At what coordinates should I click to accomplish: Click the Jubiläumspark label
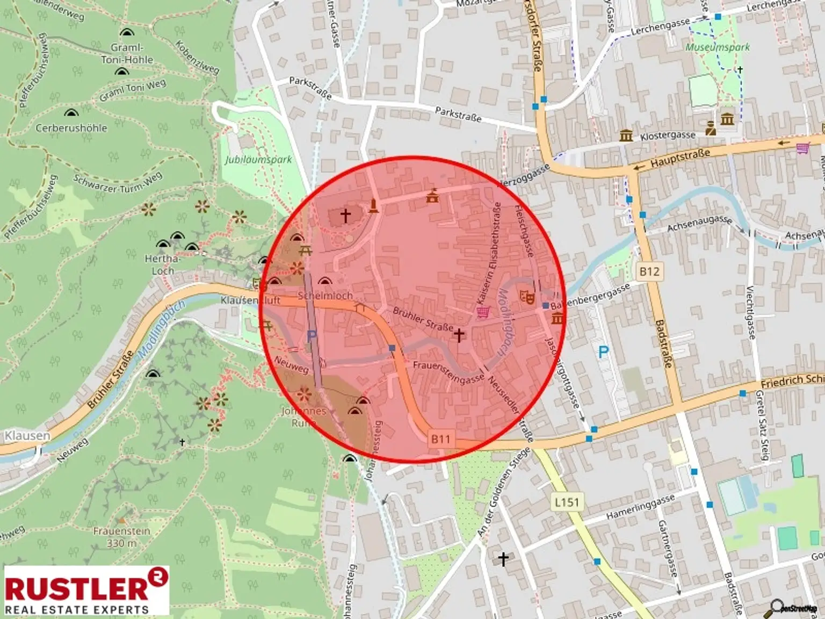(259, 160)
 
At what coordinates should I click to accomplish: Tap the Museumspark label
(718, 47)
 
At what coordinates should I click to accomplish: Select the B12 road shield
(649, 271)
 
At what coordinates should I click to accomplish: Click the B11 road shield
(440, 439)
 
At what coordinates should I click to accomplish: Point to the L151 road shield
(567, 502)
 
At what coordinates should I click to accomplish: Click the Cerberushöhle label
(71, 128)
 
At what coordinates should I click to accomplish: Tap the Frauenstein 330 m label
(121, 537)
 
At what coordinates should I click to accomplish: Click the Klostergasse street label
(668, 136)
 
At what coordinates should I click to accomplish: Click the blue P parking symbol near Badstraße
(603, 352)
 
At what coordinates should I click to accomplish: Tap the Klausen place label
(27, 435)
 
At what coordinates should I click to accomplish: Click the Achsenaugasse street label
(699, 224)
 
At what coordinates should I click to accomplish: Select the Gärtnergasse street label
(669, 548)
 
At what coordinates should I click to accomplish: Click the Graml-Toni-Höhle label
(127, 54)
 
